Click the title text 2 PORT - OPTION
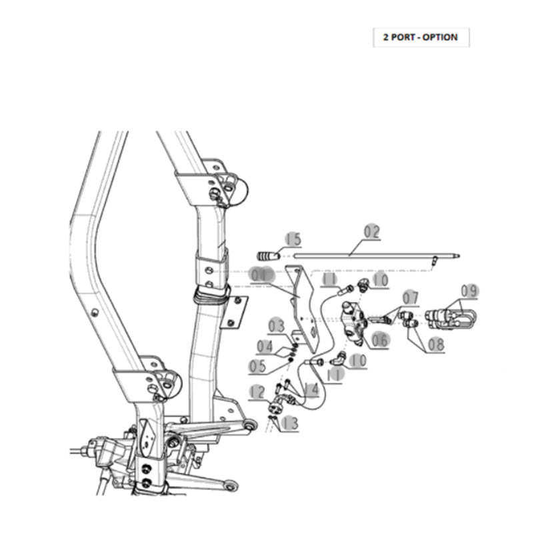pyautogui.click(x=420, y=37)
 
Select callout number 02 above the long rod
pyautogui.click(x=371, y=232)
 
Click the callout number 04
pyautogui.click(x=265, y=346)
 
